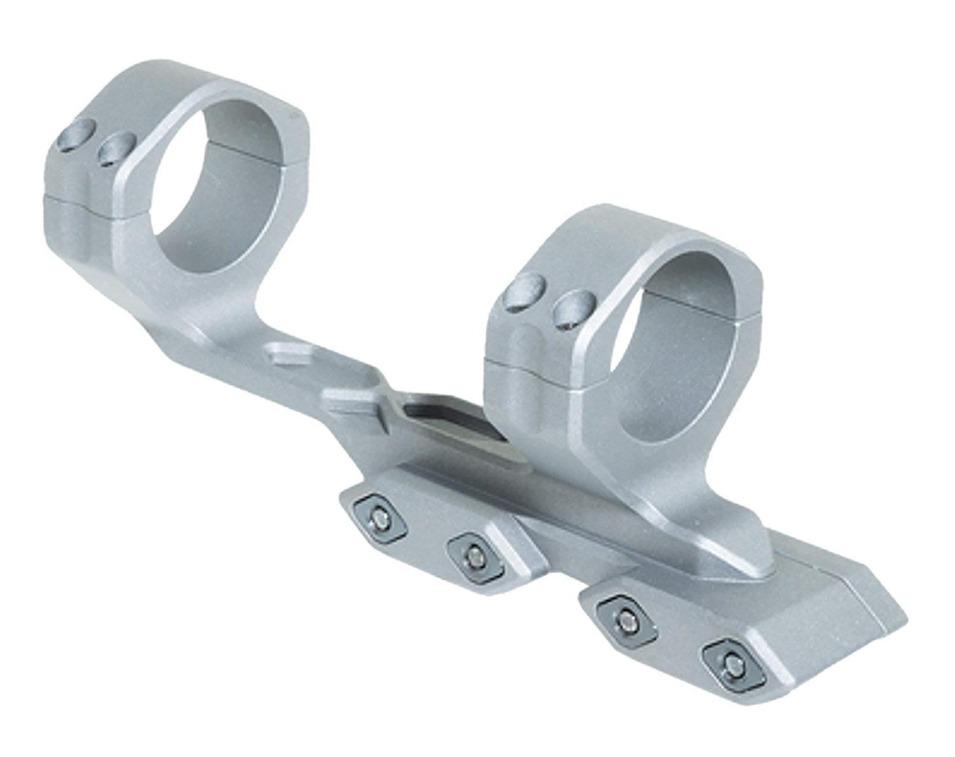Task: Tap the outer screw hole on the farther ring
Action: tap(75, 135)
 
